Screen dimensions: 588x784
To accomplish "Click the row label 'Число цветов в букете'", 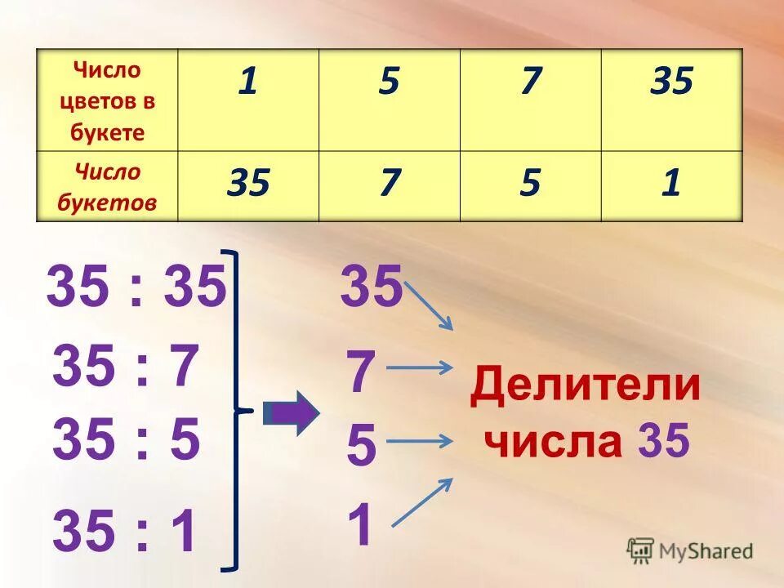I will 107,100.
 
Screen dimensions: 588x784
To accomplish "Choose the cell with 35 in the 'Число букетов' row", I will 247,184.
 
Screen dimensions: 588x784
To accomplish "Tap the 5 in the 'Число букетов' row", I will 531,184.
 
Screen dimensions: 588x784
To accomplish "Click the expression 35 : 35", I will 136,288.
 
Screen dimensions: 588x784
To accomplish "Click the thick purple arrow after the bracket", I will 292,413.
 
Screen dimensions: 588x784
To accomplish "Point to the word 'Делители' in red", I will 585,386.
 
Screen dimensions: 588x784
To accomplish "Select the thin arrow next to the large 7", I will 419,367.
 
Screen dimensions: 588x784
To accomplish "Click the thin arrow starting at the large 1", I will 421,501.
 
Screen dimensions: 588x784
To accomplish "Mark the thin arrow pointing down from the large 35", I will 430,305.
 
